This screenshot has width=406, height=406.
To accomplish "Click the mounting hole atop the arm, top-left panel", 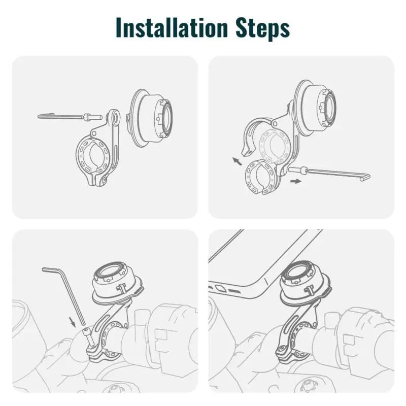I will point(117,118).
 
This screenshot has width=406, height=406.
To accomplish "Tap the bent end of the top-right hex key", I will point(364,176).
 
